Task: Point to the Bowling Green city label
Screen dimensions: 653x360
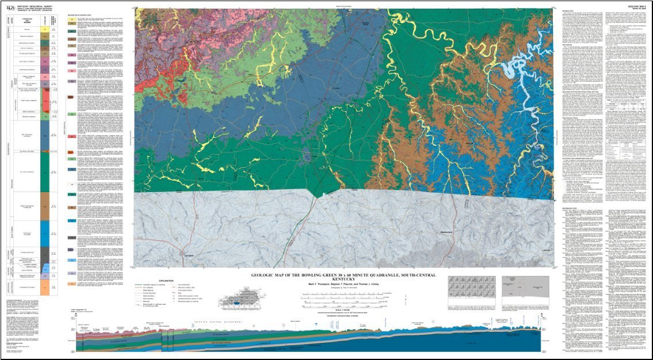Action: [x=366, y=24]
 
